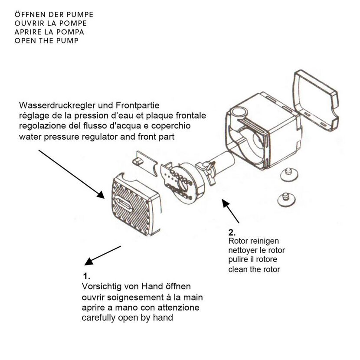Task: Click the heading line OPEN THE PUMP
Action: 46,41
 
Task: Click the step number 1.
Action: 86,276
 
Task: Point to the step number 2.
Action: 232,232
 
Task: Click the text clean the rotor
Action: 254,269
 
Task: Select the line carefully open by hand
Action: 128,318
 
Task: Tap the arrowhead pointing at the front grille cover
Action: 101,195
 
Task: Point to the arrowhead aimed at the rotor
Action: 225,203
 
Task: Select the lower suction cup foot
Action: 286,200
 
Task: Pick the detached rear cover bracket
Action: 316,100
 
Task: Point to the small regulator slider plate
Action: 144,163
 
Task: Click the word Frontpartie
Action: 137,105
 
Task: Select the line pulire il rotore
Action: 252,259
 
